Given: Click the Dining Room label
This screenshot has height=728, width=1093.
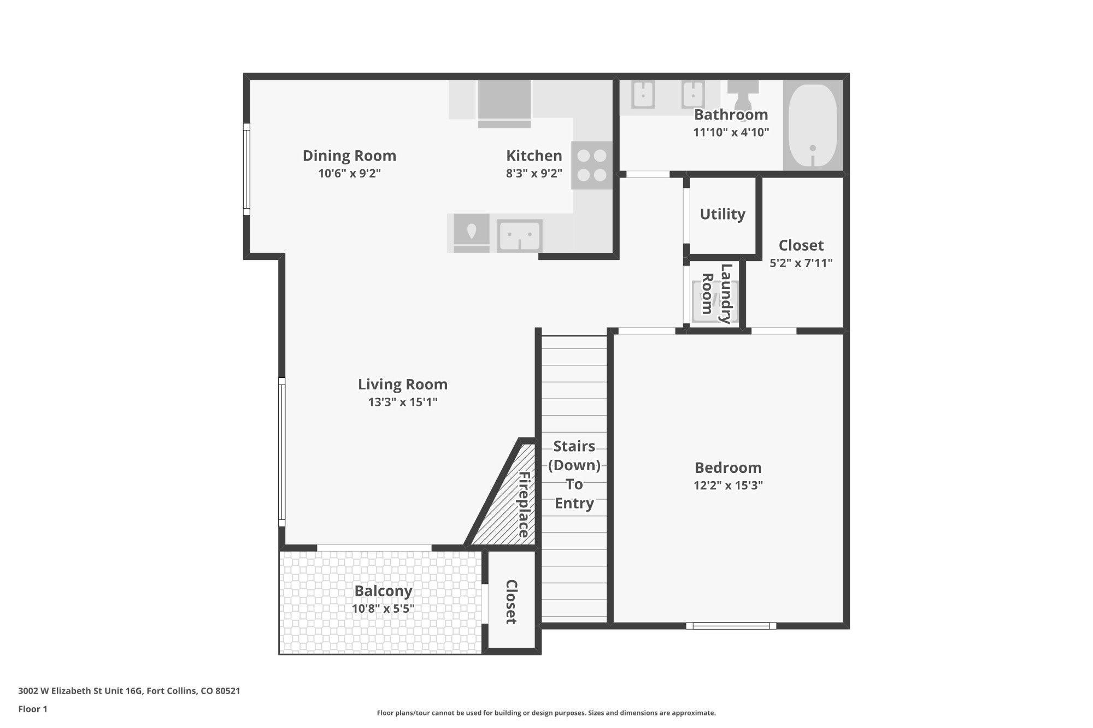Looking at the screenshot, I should coord(349,156).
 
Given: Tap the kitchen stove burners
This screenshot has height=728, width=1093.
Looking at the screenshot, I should coord(592,165).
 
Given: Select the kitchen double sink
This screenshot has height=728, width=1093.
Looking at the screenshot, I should coord(519,236).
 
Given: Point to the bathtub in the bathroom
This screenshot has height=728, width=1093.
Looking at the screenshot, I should coord(813,126).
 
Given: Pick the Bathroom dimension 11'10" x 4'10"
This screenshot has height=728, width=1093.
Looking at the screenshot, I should coord(731,132).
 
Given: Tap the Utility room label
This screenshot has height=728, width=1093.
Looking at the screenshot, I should coord(722,214).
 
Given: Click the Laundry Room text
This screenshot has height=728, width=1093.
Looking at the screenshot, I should coord(716,294).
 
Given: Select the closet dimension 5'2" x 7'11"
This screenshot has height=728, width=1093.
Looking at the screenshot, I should coord(801,263).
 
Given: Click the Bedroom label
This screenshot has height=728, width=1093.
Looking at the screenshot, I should coord(728,467).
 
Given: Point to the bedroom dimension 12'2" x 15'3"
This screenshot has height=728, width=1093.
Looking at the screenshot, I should coord(728,486).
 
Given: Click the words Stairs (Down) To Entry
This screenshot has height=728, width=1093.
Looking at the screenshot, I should coord(574,475).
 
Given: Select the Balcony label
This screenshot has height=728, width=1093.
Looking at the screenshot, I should coord(383,591).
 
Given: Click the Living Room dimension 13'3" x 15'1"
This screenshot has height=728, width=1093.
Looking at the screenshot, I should coord(403,403).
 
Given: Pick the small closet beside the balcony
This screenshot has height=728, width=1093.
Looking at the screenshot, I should coord(511,601).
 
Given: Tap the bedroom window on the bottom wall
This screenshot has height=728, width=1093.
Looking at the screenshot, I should coord(731,626).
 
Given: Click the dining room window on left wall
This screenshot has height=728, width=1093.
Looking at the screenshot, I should coord(246,169).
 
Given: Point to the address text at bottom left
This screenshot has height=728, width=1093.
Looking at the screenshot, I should coord(129,691).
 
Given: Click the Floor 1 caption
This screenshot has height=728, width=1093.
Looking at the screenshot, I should coord(33,709).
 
